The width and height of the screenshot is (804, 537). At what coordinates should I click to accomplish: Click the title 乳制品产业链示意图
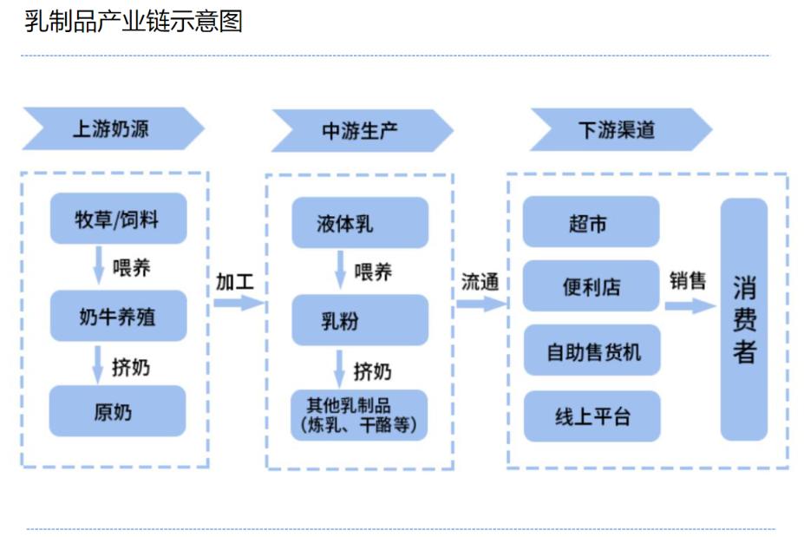[x=134, y=21]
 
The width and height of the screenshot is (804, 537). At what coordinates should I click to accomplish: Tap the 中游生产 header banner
[x=361, y=131]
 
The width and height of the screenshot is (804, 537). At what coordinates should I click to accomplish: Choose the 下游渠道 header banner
[x=618, y=130]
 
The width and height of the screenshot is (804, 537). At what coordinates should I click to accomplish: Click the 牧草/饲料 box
[x=117, y=219]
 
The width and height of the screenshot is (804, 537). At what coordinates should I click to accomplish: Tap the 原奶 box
[x=117, y=411]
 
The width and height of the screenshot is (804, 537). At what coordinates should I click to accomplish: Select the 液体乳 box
[x=359, y=223]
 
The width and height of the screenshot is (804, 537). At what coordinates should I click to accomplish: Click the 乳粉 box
[x=359, y=320]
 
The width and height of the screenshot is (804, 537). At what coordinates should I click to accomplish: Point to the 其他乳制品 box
[x=359, y=416]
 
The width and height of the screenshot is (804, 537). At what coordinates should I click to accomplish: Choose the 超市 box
[x=590, y=222]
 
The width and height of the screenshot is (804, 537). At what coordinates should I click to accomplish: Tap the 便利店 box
[x=590, y=286]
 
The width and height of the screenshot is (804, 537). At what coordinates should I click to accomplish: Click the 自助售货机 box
[x=590, y=351]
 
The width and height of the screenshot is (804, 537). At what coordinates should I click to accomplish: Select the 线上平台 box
[x=590, y=416]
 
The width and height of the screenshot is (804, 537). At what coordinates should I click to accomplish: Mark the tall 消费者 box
[x=743, y=319]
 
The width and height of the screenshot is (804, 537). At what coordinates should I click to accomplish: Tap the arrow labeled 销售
[x=690, y=305]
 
